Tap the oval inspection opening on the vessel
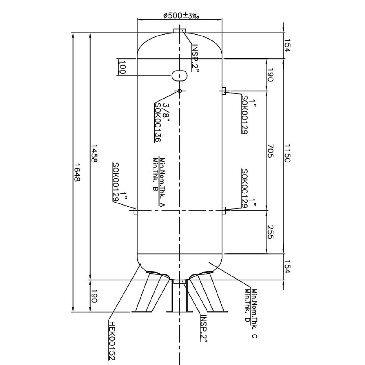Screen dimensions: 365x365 click(x=180, y=75)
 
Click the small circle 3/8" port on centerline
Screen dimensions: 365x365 click(x=180, y=91)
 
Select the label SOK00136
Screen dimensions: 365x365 click(x=157, y=122)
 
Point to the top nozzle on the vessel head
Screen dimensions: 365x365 click(x=180, y=31)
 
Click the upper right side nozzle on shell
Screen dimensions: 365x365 click(x=224, y=91)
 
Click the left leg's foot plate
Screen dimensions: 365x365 click(x=142, y=312)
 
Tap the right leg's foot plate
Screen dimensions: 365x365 click(x=217, y=312)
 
